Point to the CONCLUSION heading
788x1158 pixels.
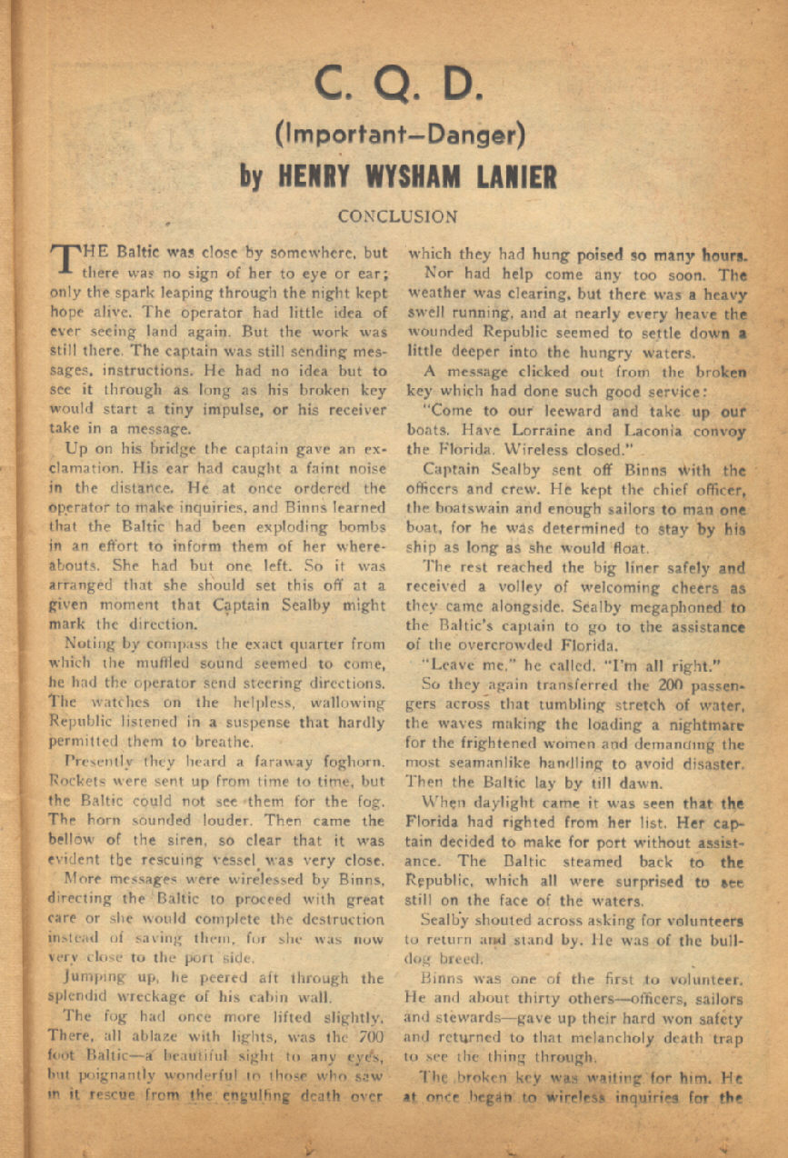click(397, 217)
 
